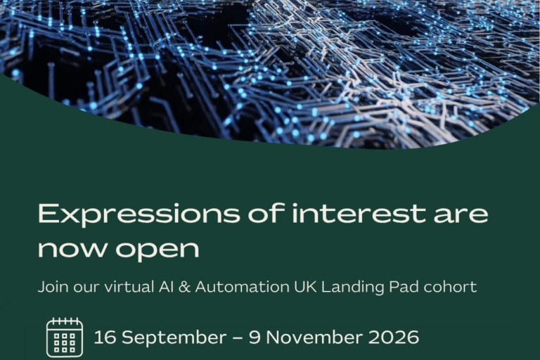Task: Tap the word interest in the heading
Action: (x=359, y=213)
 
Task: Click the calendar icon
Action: (x=65, y=337)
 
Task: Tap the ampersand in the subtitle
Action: (x=185, y=287)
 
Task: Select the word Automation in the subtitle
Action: (x=242, y=287)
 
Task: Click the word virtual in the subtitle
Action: (x=129, y=287)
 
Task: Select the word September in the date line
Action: (x=174, y=338)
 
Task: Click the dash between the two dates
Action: (x=238, y=338)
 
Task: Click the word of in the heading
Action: (x=266, y=213)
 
